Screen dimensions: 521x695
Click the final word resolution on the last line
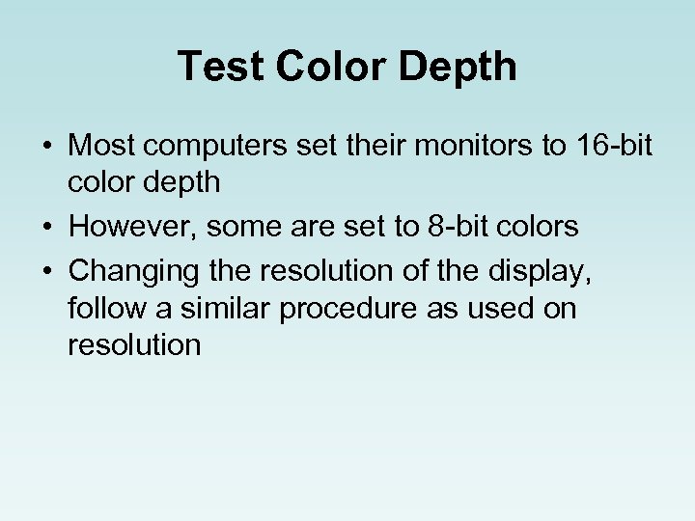point(134,344)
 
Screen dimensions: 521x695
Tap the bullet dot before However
point(47,228)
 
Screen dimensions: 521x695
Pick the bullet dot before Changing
point(47,272)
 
